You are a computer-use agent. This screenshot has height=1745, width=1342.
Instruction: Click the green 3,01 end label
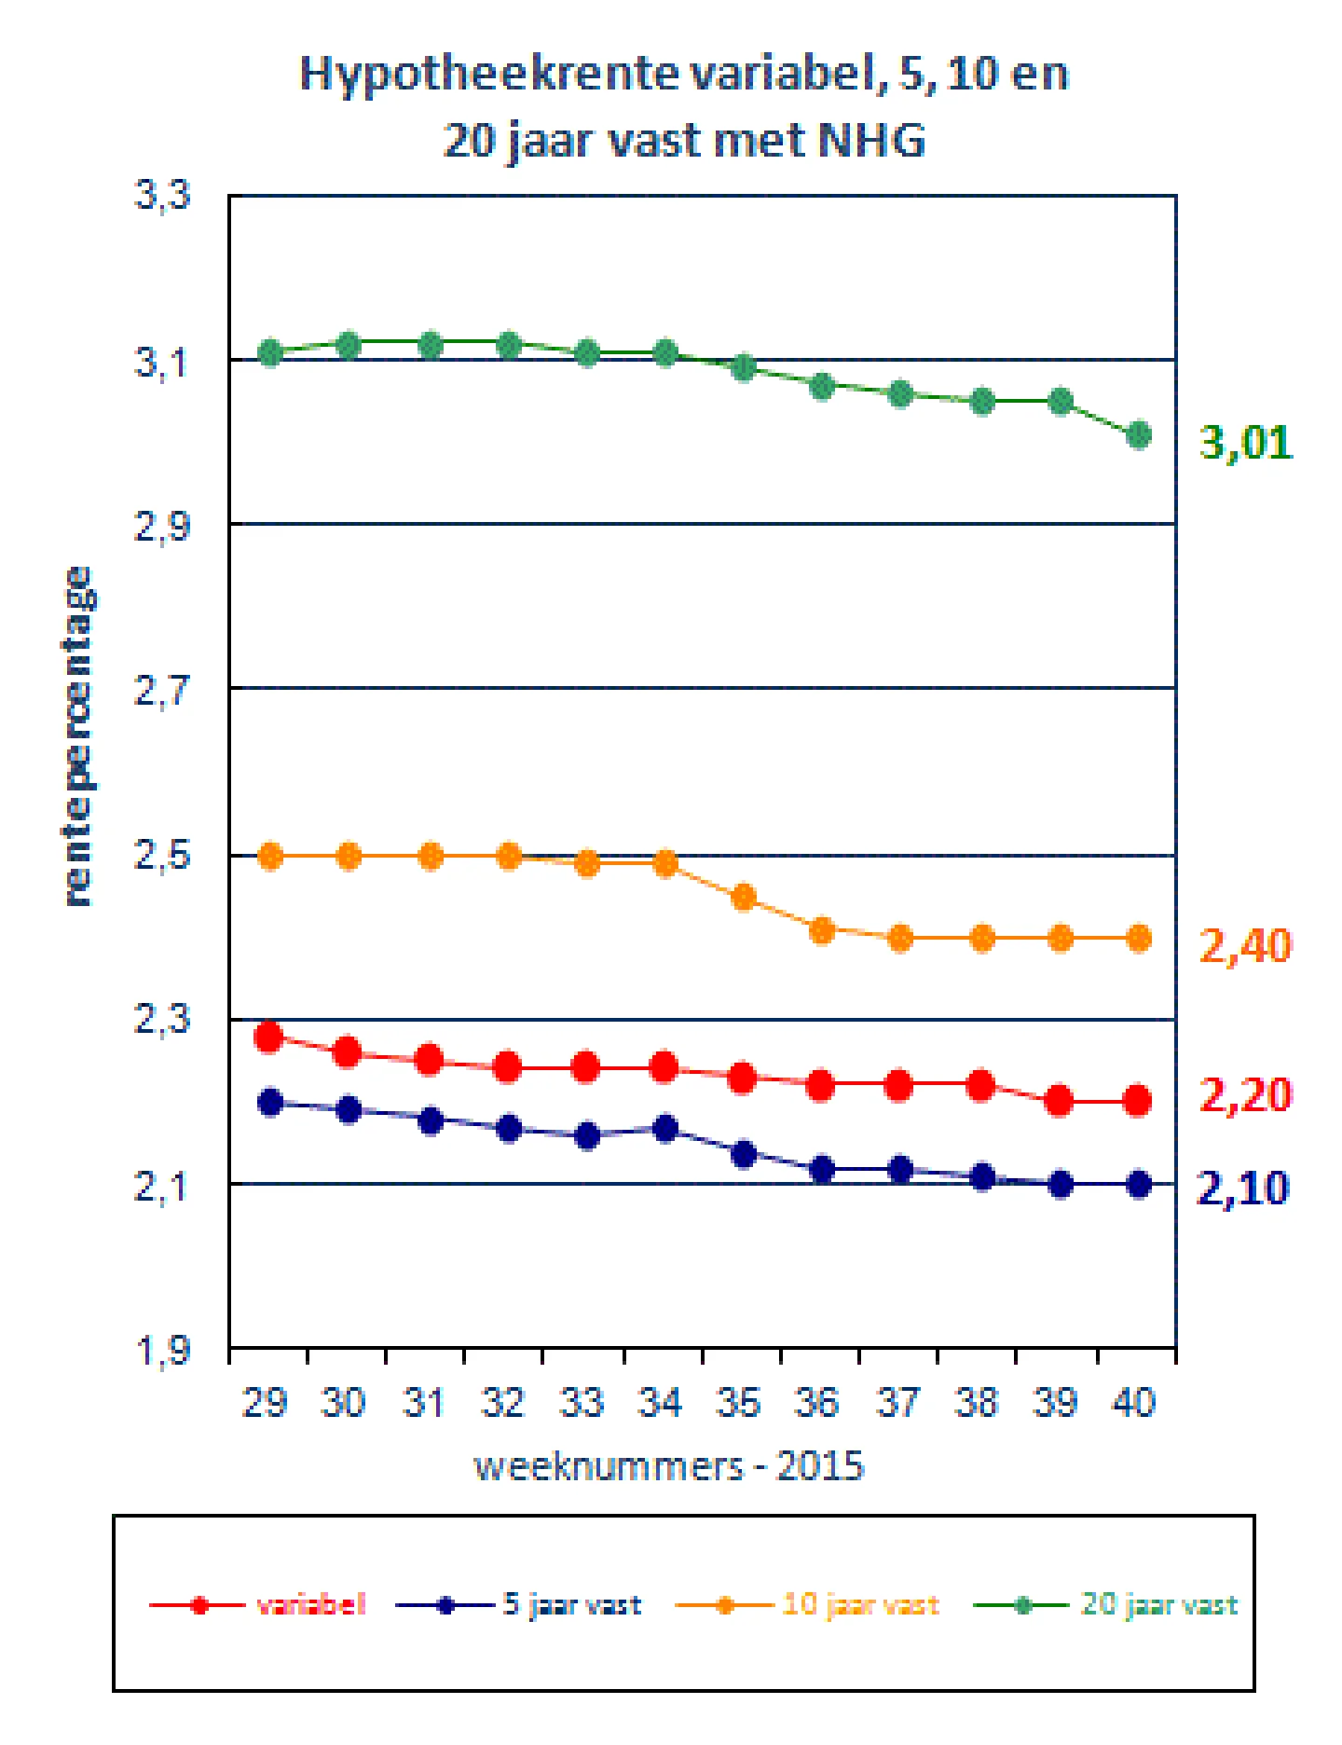point(1246,442)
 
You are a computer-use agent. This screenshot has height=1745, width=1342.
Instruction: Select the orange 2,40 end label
point(1245,946)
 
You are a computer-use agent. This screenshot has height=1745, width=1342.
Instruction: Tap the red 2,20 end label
point(1245,1095)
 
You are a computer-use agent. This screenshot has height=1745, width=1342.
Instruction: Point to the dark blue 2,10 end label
point(1243,1189)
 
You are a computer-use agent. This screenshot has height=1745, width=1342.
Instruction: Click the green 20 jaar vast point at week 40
point(1139,435)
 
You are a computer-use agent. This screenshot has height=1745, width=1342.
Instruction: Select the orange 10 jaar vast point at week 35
point(743,898)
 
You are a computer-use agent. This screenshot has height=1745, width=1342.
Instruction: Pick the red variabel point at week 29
point(269,1037)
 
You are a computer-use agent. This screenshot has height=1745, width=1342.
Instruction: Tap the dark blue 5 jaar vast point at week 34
point(665,1129)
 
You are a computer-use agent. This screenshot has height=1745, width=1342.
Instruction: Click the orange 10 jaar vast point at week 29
point(270,856)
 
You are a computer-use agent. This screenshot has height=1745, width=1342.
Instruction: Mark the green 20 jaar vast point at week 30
point(349,345)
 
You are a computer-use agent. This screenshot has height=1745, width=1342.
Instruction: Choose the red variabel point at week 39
point(1060,1101)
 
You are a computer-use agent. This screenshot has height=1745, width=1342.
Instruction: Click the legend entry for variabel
point(258,1605)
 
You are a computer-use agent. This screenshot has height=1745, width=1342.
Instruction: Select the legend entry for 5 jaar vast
point(519,1605)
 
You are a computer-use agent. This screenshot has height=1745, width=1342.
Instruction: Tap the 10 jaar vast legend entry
point(807,1605)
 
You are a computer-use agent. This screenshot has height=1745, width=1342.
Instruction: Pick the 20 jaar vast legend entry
point(1106,1605)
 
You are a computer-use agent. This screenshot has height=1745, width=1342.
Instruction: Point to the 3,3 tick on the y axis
point(163,196)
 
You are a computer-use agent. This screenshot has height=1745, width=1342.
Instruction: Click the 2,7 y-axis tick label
point(163,692)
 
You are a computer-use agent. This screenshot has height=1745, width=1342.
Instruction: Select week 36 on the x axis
point(818,1402)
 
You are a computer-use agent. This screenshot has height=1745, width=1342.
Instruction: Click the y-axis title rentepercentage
point(78,736)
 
